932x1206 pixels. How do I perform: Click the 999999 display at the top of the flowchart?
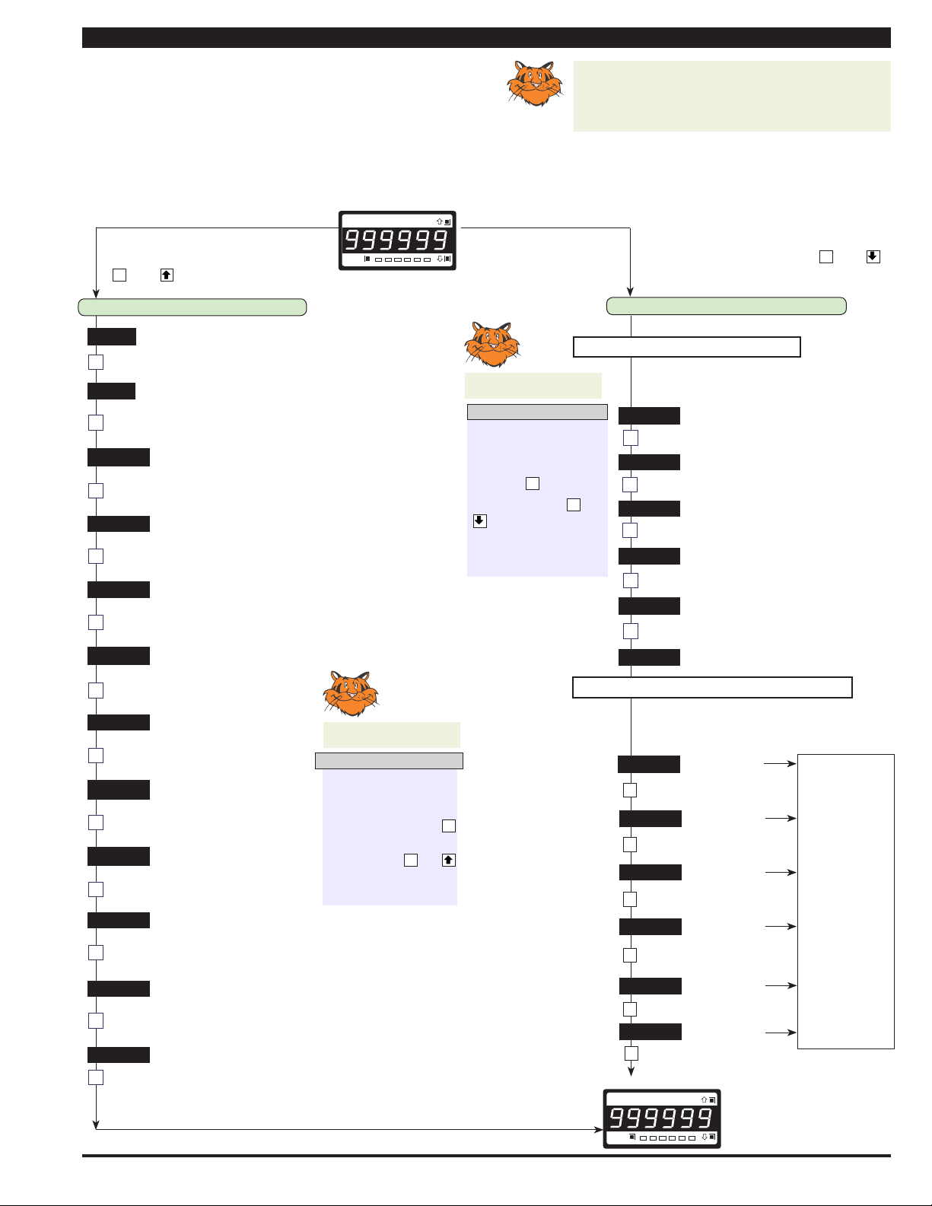397,240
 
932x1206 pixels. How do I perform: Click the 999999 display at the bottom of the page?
662,1118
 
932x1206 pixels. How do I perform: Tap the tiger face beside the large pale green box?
535,83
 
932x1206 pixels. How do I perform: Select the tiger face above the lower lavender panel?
351,693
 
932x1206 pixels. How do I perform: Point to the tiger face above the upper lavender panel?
492,344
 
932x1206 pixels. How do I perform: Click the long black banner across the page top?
486,38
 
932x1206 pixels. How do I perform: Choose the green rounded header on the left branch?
192,307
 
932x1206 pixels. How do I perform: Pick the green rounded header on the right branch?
726,306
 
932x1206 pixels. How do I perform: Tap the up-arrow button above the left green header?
167,275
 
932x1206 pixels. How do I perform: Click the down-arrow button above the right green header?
873,256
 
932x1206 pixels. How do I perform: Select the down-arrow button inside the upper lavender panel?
480,520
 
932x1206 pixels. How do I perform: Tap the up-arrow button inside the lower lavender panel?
448,860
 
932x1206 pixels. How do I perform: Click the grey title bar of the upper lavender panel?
537,412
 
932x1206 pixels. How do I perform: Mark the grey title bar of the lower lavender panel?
389,760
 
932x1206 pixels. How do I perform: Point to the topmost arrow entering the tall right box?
780,764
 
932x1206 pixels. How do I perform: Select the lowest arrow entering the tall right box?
781,1033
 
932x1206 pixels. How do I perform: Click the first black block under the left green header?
112,336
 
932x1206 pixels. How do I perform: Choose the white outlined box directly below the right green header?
687,347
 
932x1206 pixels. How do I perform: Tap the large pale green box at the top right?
732,96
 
